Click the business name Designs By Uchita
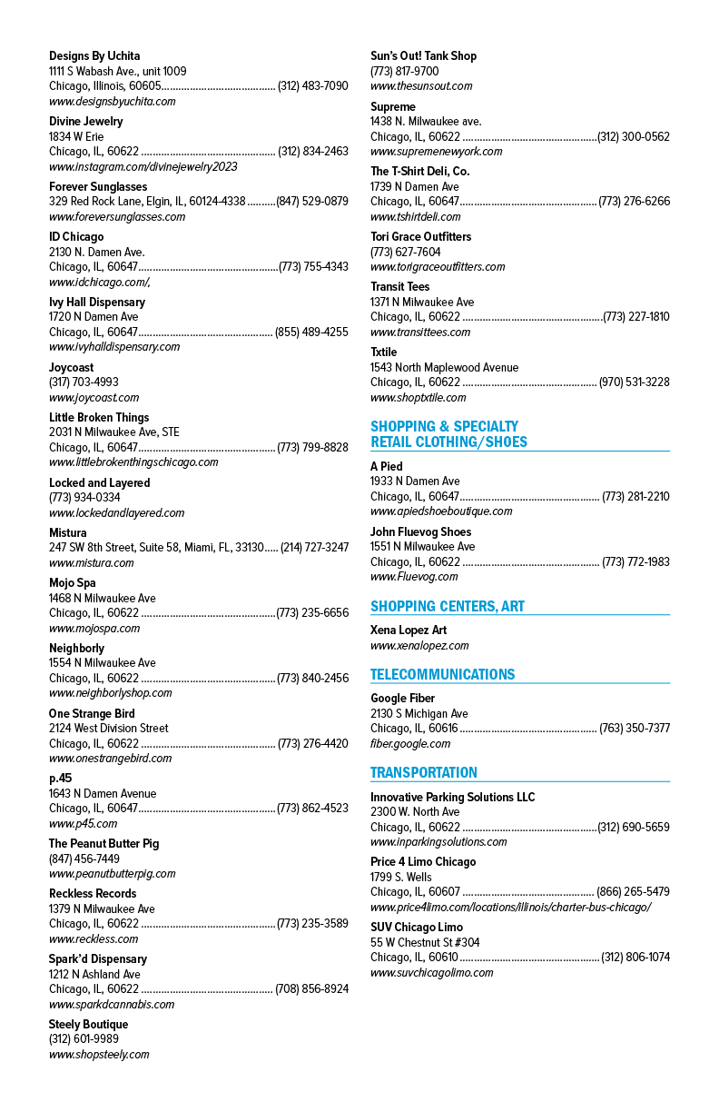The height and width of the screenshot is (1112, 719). click(94, 56)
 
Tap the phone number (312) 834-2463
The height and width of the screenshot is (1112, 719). click(313, 152)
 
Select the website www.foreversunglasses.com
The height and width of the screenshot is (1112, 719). click(117, 217)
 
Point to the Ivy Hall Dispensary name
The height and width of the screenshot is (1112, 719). click(97, 303)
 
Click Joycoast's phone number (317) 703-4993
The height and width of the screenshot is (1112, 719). click(84, 382)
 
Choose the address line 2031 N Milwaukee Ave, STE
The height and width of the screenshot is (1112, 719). click(114, 432)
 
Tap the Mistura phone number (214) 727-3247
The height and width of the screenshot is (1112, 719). click(315, 548)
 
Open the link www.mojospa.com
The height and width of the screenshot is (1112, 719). click(94, 629)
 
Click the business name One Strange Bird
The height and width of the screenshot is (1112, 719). click(92, 714)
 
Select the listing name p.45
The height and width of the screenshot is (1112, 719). click(60, 779)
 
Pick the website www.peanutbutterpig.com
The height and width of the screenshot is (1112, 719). click(113, 874)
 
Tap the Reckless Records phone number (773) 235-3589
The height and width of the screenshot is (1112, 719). click(312, 924)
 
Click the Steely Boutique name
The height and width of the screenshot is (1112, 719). click(88, 1025)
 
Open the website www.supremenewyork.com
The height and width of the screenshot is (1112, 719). click(436, 152)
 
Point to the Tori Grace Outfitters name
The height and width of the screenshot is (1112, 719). click(421, 237)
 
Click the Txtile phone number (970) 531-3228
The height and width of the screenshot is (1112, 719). click(635, 382)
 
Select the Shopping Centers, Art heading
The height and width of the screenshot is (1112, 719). click(448, 606)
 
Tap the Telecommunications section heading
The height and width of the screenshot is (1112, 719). click(443, 674)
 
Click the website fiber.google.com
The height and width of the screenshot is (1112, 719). click(410, 744)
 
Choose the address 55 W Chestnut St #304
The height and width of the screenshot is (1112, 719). click(425, 942)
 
